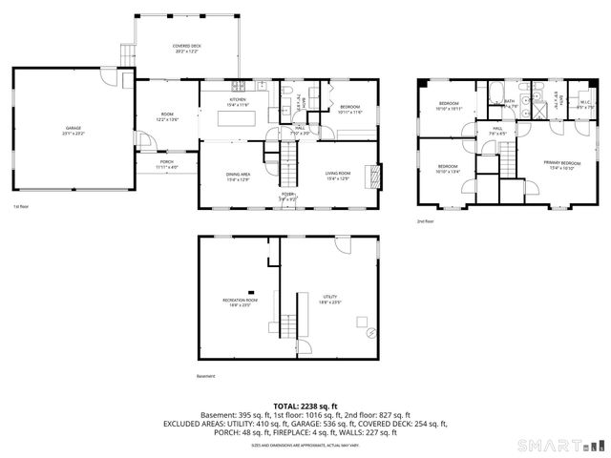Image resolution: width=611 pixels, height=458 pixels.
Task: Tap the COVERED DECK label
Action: tap(186, 47)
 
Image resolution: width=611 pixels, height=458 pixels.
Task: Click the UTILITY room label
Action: tap(331, 299)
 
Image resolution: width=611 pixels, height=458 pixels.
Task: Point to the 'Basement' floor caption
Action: tap(206, 377)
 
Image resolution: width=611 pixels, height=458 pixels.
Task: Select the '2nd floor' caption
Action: tap(425, 221)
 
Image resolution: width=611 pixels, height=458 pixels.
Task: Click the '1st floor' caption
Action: tap(21, 206)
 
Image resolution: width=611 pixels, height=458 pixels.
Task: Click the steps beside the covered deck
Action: tap(126, 58)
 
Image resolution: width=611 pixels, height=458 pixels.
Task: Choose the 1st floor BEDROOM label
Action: tap(349, 109)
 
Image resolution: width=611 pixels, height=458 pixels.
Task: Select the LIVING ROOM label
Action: tap(338, 175)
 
